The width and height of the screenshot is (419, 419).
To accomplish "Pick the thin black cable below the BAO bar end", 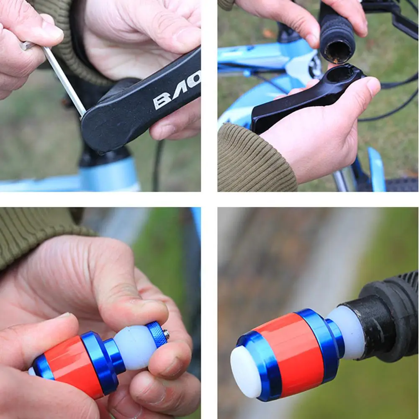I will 158,167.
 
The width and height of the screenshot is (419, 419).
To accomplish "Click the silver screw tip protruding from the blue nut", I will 166,334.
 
